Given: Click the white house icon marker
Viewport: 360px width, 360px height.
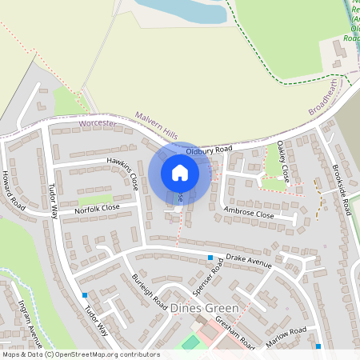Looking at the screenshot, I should (180, 172).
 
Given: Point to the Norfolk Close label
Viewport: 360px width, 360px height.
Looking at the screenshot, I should (97, 208).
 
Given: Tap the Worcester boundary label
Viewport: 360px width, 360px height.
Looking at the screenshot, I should (98, 125).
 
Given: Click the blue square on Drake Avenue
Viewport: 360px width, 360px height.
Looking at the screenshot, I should (210, 258).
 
